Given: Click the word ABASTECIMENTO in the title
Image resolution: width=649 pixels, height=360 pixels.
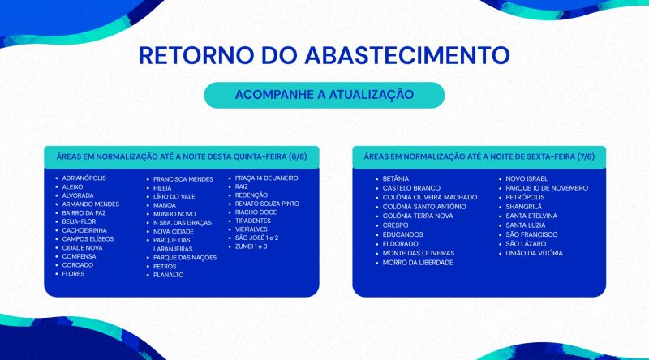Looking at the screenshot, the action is pyautogui.click(x=407, y=55).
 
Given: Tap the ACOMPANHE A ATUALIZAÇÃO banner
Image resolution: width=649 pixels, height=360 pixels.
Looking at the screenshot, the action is pyautogui.click(x=324, y=95).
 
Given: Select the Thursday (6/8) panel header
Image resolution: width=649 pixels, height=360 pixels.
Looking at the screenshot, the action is pyautogui.click(x=182, y=156).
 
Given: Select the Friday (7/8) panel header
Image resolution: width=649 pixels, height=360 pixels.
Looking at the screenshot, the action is pyautogui.click(x=479, y=156).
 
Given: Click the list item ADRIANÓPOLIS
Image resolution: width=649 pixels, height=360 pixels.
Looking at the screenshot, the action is pyautogui.click(x=84, y=178).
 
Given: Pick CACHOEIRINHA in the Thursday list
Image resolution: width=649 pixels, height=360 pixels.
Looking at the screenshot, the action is pyautogui.click(x=84, y=230).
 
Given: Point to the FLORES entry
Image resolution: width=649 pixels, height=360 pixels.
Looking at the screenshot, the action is pyautogui.click(x=73, y=274).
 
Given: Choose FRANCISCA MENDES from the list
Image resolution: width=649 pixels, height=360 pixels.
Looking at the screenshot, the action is pyautogui.click(x=183, y=179).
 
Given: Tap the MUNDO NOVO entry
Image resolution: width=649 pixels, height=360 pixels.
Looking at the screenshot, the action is pyautogui.click(x=174, y=214).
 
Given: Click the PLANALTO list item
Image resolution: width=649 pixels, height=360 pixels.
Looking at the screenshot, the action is pyautogui.click(x=169, y=275).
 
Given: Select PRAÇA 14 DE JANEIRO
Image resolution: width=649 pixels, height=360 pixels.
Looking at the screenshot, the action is pyautogui.click(x=267, y=178).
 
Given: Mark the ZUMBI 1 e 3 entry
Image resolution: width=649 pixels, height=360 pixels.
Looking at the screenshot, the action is pyautogui.click(x=251, y=246).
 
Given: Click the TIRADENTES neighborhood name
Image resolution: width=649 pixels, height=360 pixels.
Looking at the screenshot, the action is pyautogui.click(x=253, y=221).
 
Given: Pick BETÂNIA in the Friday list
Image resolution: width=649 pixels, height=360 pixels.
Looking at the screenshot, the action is pyautogui.click(x=396, y=178).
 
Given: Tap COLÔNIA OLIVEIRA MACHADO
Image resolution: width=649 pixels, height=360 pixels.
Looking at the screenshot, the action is pyautogui.click(x=430, y=197).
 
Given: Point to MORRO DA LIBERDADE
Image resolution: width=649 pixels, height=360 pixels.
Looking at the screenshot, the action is pyautogui.click(x=418, y=263).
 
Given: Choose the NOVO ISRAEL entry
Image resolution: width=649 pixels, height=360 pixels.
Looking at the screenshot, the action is pyautogui.click(x=527, y=178).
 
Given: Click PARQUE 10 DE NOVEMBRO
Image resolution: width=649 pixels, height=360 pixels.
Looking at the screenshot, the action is pyautogui.click(x=547, y=188).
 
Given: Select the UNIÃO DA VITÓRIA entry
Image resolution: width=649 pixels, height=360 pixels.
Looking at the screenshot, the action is pyautogui.click(x=535, y=253).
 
